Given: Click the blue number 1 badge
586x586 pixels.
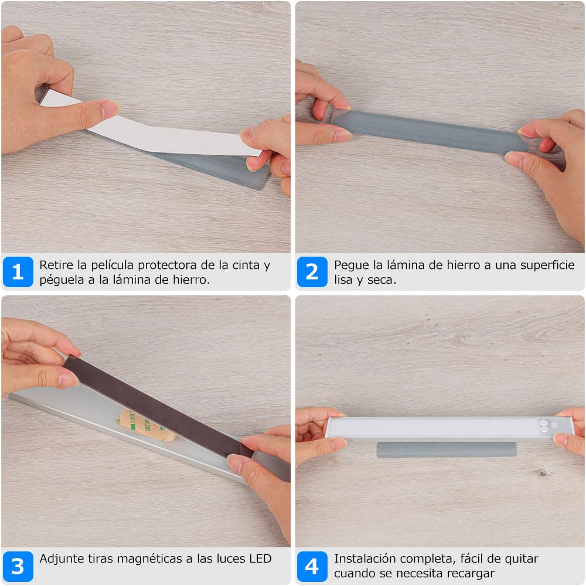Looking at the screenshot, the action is (18, 272).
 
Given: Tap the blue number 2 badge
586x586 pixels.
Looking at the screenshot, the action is (312, 272).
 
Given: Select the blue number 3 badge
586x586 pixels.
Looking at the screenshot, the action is (18, 566).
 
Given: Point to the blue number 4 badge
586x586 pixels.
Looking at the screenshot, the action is (312, 566).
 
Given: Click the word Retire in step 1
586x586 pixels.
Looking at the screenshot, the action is (56, 265).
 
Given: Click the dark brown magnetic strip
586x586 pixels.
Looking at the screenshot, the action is (157, 407).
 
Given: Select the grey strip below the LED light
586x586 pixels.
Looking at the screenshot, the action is (447, 449).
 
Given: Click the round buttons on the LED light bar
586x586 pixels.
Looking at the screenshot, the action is (546, 425).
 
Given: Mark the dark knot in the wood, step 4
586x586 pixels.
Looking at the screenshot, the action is (543, 473).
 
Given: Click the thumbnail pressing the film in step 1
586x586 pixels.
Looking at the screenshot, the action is (110, 109).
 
